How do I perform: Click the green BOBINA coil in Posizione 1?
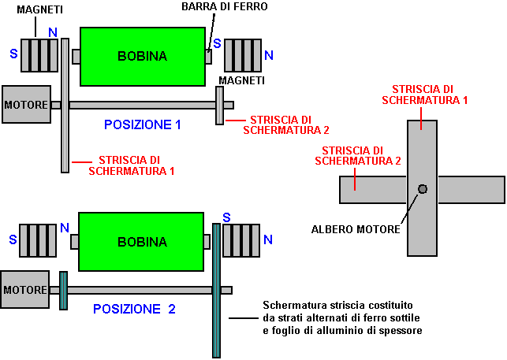pos(142,56)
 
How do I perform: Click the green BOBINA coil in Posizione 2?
pos(142,241)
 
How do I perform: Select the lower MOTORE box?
pos(24,290)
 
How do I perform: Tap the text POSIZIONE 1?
pos(143,124)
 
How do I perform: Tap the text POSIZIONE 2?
pos(134,309)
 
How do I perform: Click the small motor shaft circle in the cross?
pos(423,188)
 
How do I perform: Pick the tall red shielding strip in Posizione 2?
pos(216,290)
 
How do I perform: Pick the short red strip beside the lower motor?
pos(63,291)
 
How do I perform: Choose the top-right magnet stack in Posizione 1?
pos(243,56)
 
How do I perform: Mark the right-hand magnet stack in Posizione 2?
pos(241,240)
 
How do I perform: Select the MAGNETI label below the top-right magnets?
pos(242,80)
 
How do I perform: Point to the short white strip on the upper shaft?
pos(219,105)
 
